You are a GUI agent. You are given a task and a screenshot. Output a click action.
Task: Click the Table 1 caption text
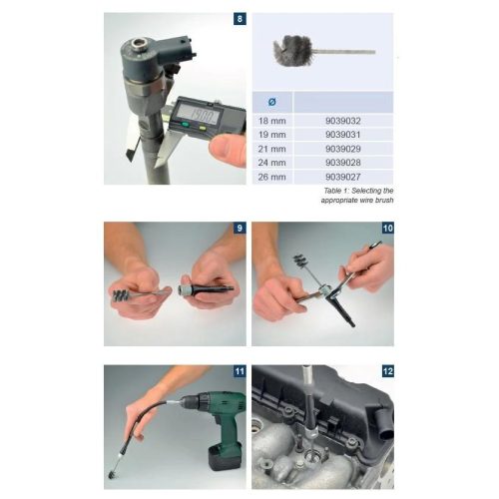[358, 196]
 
